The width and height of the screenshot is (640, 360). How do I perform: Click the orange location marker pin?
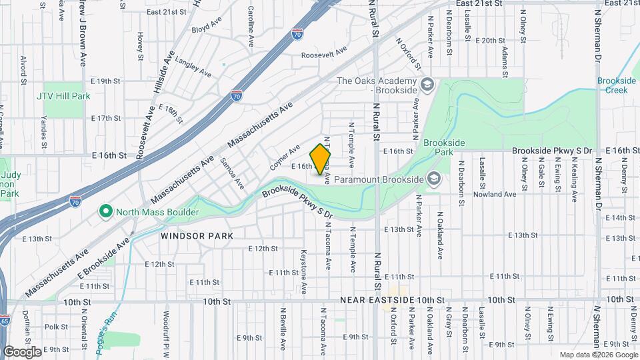pos(321,159)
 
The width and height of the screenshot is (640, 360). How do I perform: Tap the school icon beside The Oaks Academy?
pos(427,85)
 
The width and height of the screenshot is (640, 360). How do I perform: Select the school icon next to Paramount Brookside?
pos(434,179)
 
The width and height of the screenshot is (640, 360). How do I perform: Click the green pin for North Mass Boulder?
pos(105,212)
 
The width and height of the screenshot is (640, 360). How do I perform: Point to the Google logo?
pos(22,351)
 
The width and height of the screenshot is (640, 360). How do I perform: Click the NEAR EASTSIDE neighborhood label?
pos(378,301)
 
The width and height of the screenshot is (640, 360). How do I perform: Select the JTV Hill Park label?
pos(63,96)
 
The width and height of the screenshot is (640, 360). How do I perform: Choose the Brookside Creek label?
pos(617,85)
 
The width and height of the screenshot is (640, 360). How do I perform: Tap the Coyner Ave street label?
pos(285,157)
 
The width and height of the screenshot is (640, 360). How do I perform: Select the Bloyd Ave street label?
pos(206,27)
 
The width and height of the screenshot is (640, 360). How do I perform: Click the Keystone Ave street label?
pos(303,272)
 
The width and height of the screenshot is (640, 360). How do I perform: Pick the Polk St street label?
pos(57,327)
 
